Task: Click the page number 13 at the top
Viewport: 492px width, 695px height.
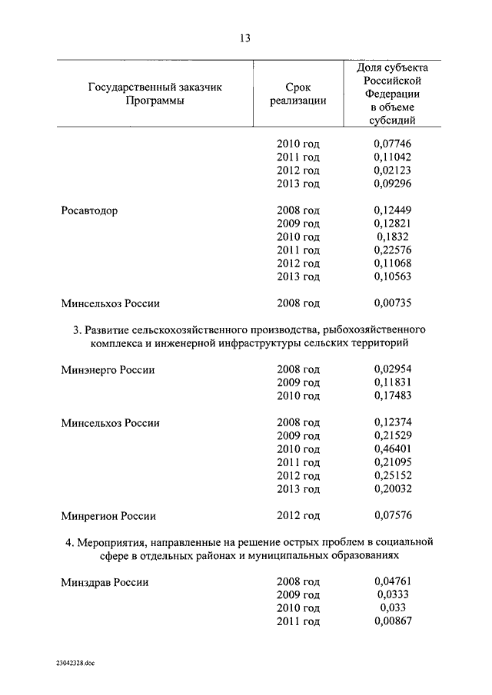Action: [245, 38]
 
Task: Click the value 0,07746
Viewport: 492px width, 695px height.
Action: [393, 144]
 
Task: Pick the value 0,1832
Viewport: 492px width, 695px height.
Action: [393, 237]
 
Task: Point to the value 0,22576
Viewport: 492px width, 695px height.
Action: [393, 250]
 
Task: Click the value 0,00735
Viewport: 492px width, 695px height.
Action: [393, 303]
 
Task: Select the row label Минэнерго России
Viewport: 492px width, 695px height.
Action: [108, 369]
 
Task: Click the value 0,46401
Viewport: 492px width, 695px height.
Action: [393, 449]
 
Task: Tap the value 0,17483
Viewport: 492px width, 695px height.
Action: [393, 396]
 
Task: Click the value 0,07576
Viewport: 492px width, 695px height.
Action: [393, 515]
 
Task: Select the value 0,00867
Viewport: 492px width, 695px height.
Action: [393, 622]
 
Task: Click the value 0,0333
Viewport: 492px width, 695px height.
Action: [393, 595]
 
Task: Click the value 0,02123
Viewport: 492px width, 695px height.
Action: [393, 170]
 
